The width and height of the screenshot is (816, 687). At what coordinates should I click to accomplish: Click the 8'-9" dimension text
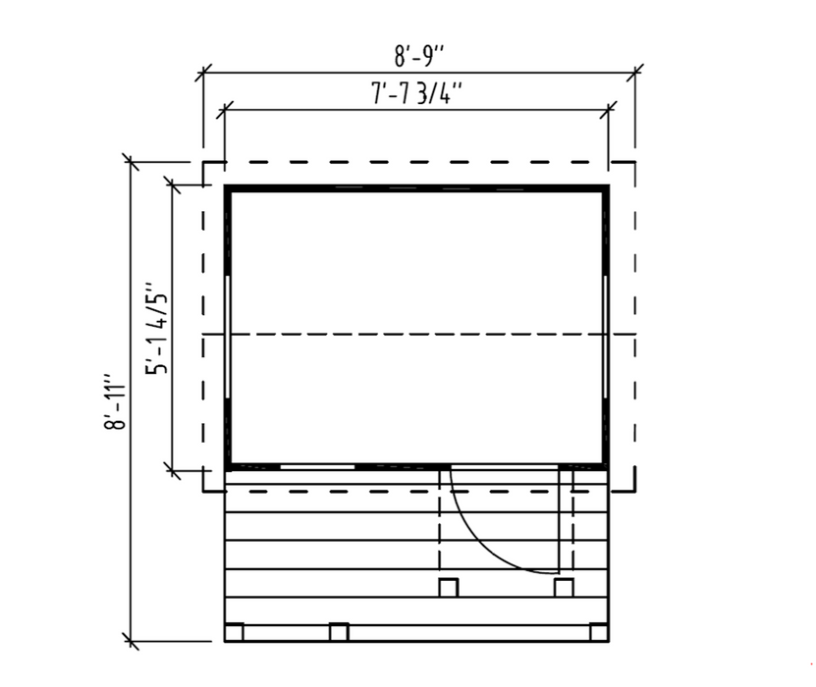(x=419, y=56)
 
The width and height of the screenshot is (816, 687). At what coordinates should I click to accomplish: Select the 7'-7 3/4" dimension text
(x=417, y=93)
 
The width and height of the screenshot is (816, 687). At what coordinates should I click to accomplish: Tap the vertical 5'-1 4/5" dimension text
(x=157, y=328)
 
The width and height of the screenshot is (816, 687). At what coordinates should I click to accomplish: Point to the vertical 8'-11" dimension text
(x=115, y=400)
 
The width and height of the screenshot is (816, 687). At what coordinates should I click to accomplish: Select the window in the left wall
(x=228, y=337)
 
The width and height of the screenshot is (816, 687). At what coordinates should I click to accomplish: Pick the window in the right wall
(x=605, y=337)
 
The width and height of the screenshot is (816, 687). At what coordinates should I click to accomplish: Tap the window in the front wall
(x=317, y=467)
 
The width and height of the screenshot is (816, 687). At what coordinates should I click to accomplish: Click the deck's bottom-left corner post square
(x=234, y=632)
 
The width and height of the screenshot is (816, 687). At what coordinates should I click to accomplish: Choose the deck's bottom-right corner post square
(x=599, y=632)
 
